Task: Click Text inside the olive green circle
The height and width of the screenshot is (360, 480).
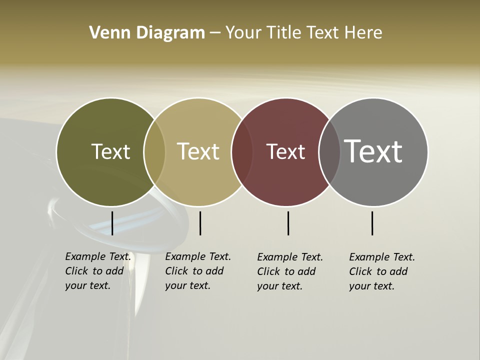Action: pyautogui.click(x=110, y=151)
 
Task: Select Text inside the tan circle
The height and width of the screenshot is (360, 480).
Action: pyautogui.click(x=198, y=151)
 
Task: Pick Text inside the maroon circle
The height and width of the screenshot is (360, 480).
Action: pyautogui.click(x=285, y=151)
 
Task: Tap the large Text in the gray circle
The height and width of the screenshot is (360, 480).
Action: pyautogui.click(x=373, y=151)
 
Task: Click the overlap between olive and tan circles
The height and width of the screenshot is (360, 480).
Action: pyautogui.click(x=154, y=151)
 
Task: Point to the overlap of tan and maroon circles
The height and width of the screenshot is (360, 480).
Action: pyautogui.click(x=242, y=151)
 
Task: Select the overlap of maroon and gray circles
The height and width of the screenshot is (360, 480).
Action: pyautogui.click(x=329, y=151)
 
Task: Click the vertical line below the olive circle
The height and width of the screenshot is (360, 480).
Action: pyautogui.click(x=112, y=223)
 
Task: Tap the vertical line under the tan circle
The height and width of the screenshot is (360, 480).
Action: pyautogui.click(x=200, y=223)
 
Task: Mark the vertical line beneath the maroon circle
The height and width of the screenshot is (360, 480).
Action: pyautogui.click(x=288, y=223)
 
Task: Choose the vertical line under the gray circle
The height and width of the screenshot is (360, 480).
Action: pyautogui.click(x=372, y=223)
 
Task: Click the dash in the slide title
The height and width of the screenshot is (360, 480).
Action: pyautogui.click(x=215, y=33)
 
